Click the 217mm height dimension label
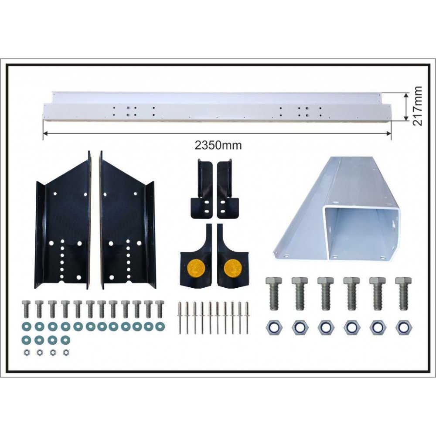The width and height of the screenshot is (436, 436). (x=417, y=106)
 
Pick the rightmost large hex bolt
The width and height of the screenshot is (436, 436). (x=403, y=293)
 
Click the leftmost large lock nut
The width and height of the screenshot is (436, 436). (x=273, y=327)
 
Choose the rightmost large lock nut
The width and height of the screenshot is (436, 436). (x=403, y=327)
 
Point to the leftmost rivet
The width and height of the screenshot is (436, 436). (x=180, y=318)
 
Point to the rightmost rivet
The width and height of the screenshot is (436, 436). (x=246, y=318)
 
